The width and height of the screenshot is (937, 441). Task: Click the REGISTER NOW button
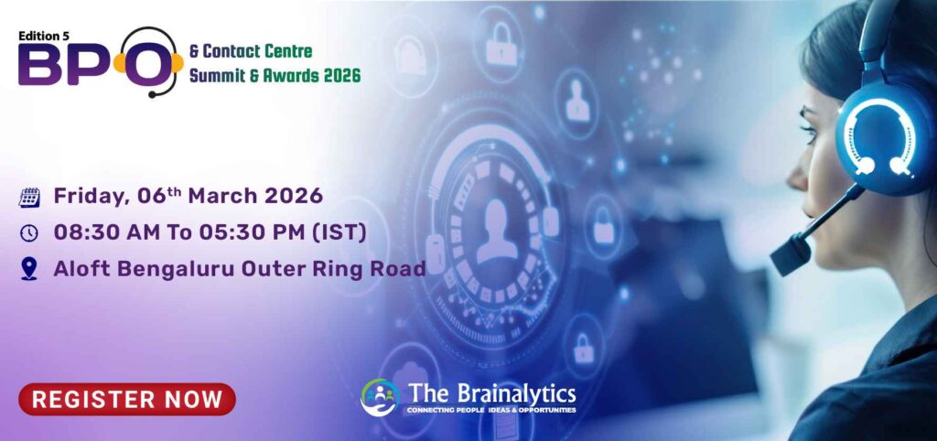click(127, 399)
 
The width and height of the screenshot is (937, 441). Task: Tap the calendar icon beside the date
click(29, 196)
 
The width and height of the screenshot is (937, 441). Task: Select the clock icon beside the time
click(29, 232)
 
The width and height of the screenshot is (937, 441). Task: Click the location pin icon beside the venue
click(29, 269)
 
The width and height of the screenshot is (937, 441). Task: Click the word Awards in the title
click(280, 75)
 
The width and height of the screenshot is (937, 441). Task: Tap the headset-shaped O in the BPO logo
click(145, 64)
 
